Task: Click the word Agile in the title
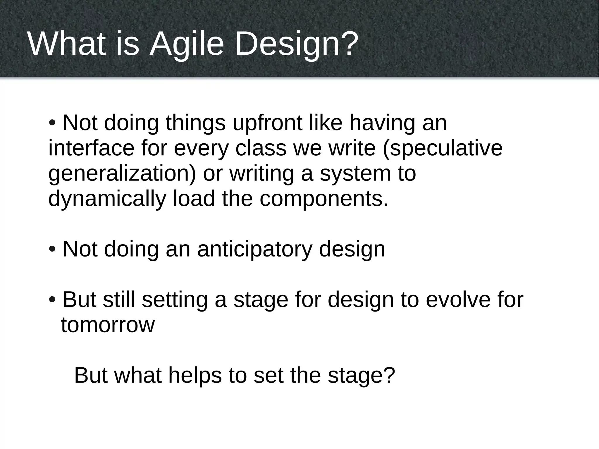pyautogui.click(x=187, y=44)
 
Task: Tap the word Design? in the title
pyautogui.click(x=296, y=44)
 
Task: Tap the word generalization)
pyautogui.click(x=122, y=174)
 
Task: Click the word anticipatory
pyautogui.click(x=254, y=250)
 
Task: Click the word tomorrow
pyautogui.click(x=108, y=325)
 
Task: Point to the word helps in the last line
pyautogui.click(x=195, y=376)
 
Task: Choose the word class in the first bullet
pyautogui.click(x=261, y=148)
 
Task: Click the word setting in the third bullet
pyautogui.click(x=175, y=300)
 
